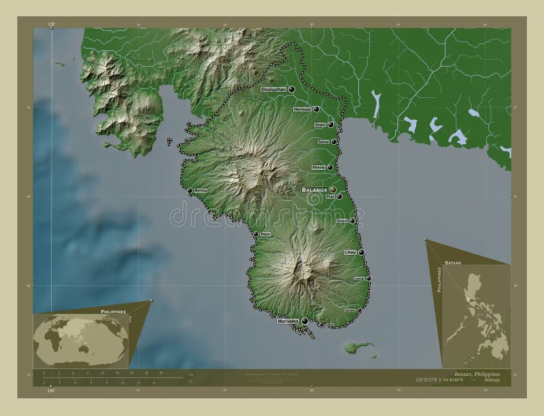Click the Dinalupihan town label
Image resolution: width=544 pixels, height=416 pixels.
[x=274, y=89]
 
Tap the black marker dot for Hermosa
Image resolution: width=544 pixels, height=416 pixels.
[x=317, y=109]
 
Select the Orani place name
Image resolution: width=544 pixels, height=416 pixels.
[x=320, y=124]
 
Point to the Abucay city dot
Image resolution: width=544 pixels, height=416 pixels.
[x=331, y=168]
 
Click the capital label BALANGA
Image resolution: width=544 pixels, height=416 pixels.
[x=315, y=190]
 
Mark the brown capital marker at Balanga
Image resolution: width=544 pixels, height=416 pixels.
[x=334, y=190]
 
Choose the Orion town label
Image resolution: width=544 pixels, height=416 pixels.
[x=342, y=221]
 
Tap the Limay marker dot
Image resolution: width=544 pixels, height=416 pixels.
[x=362, y=252]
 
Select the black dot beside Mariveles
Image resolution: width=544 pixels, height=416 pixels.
[x=305, y=321]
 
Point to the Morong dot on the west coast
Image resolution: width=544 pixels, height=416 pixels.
[x=190, y=191]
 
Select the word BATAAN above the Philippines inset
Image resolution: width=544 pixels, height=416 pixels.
[x=453, y=261]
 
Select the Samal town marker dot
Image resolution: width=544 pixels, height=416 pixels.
[x=335, y=142]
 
